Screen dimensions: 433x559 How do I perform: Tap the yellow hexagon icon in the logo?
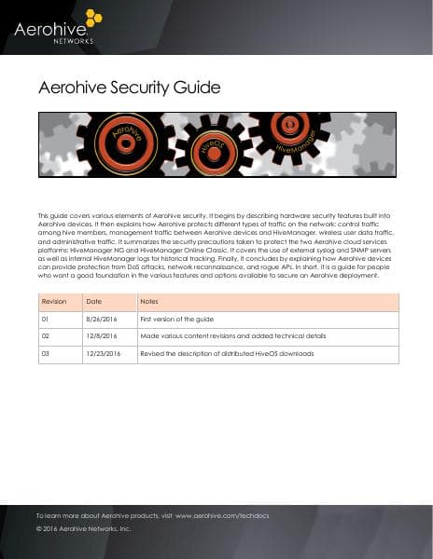point(93,18)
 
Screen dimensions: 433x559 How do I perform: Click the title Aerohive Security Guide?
point(129,89)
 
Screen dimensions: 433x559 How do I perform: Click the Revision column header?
point(54,302)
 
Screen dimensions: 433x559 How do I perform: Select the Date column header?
point(93,302)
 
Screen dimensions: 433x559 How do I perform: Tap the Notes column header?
point(148,302)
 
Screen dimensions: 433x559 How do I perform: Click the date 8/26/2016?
point(99,320)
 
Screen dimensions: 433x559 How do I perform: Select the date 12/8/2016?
point(99,336)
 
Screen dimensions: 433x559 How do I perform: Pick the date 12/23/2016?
point(103,354)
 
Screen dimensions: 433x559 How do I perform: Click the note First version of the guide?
point(179,320)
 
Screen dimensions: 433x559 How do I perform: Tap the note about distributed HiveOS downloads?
point(227,354)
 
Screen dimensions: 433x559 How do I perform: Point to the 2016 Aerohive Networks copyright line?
point(83,528)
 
